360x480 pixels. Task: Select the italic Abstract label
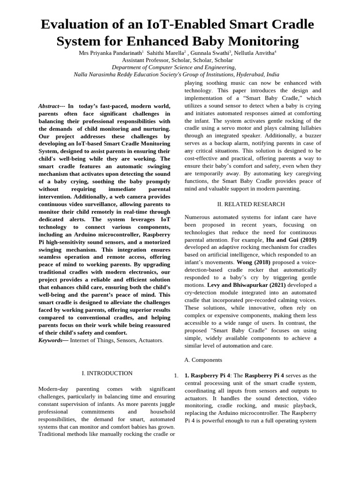49,106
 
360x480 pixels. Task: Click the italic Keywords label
50,340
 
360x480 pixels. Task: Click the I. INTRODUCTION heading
107,373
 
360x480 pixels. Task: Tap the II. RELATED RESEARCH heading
251,204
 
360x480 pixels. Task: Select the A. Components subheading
203,360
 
